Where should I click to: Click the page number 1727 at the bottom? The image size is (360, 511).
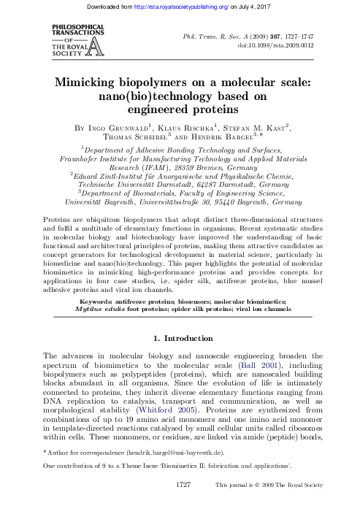click(180, 503)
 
